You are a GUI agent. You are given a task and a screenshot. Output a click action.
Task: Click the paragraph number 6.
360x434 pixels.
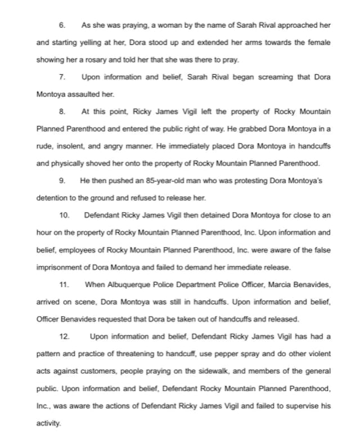[62, 26]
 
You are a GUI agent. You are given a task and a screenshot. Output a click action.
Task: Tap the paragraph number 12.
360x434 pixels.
[64, 337]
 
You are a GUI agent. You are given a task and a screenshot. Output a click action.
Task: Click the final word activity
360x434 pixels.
[47, 423]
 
